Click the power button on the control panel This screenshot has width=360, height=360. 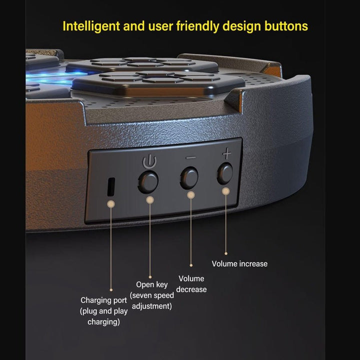tap(148, 182)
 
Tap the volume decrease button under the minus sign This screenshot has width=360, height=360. tap(189, 177)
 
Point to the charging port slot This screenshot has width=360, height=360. tap(111, 186)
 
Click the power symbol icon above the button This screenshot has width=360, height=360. tap(149, 161)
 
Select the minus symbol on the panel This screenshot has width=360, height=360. tap(190, 157)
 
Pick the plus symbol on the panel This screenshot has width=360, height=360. tap(227, 153)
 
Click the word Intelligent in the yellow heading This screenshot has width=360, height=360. tap(91, 26)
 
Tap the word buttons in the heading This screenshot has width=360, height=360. tap(286, 26)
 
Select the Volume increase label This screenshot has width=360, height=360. tap(239, 263)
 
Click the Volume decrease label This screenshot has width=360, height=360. tap(191, 284)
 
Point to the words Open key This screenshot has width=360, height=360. tap(152, 284)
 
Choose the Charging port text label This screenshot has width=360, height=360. tap(104, 300)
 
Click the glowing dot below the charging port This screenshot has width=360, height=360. tap(111, 203)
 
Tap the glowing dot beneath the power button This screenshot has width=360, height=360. tap(150, 200)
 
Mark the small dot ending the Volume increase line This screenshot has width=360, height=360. tap(226, 253)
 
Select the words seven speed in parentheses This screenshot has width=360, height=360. tap(152, 295)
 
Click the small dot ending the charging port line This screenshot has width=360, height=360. tap(111, 290)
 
